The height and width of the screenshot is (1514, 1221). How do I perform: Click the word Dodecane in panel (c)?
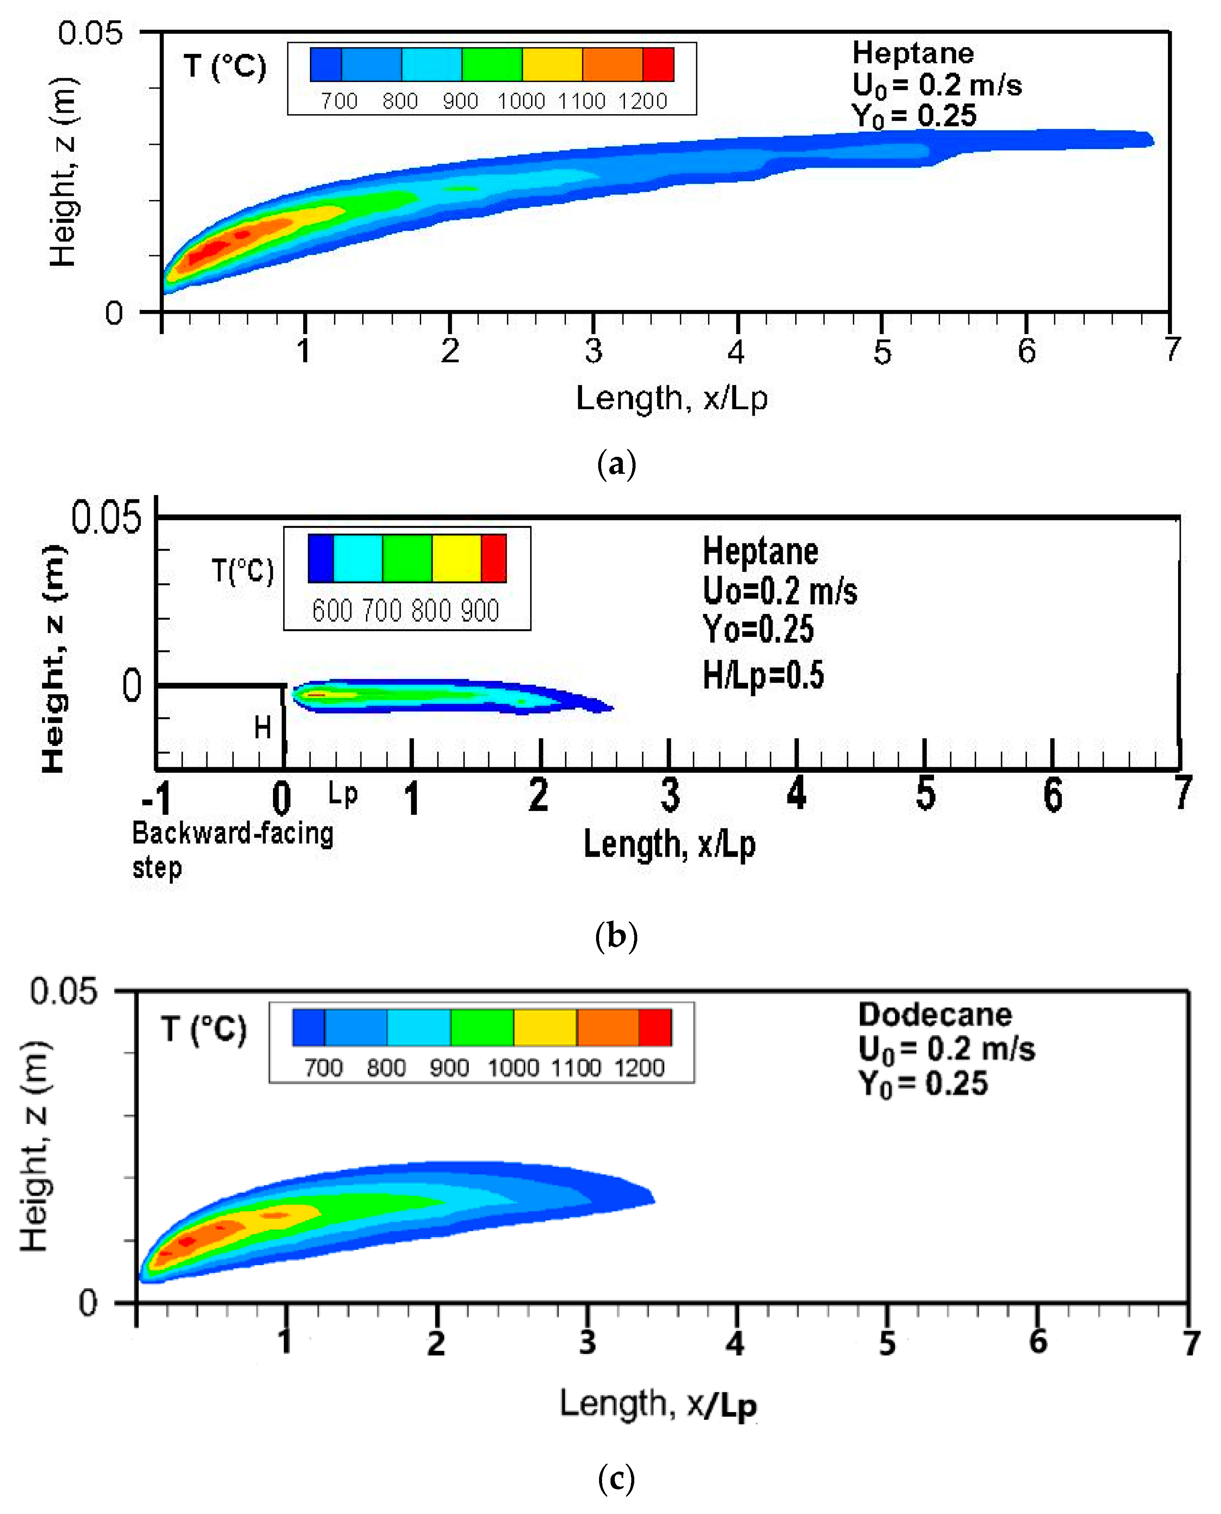click(x=935, y=1015)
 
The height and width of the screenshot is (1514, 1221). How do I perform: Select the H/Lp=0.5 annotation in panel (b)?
click(x=763, y=675)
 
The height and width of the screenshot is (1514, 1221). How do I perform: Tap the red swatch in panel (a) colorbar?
click(x=658, y=65)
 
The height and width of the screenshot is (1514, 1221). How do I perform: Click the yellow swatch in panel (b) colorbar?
click(x=456, y=558)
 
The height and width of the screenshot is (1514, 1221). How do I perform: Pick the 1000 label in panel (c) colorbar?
click(x=513, y=1068)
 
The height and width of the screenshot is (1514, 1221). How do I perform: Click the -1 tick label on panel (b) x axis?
click(x=156, y=798)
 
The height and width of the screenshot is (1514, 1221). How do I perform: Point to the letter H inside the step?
click(x=262, y=728)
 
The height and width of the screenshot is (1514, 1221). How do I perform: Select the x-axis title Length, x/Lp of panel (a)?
click(x=672, y=399)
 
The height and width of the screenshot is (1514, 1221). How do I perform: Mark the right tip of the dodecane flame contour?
click(x=654, y=1200)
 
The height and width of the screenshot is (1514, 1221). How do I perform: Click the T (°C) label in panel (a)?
click(x=225, y=67)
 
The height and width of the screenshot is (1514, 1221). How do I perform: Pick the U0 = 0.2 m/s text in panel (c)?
click(x=946, y=1049)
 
